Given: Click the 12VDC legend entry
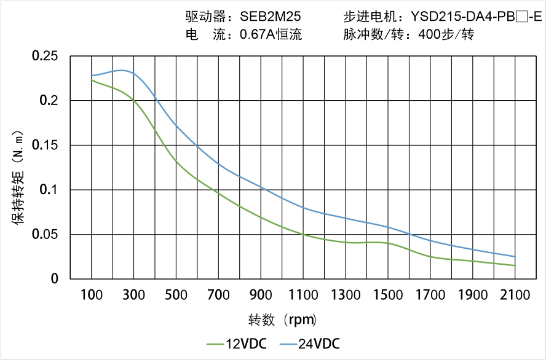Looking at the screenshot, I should click(x=236, y=343).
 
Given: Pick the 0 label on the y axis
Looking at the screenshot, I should click(x=54, y=279).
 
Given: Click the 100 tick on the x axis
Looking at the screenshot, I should click(x=92, y=295).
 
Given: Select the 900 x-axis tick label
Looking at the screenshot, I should click(x=261, y=295).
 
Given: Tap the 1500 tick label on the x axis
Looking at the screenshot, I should click(x=388, y=295).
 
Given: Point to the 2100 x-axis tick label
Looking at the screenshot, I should click(x=515, y=295).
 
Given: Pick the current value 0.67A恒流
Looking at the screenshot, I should click(x=271, y=34).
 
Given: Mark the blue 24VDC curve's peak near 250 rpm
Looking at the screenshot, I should click(x=123, y=71).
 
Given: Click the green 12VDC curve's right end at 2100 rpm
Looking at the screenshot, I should click(x=515, y=265).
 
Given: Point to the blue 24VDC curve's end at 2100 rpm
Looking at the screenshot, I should click(x=515, y=257).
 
